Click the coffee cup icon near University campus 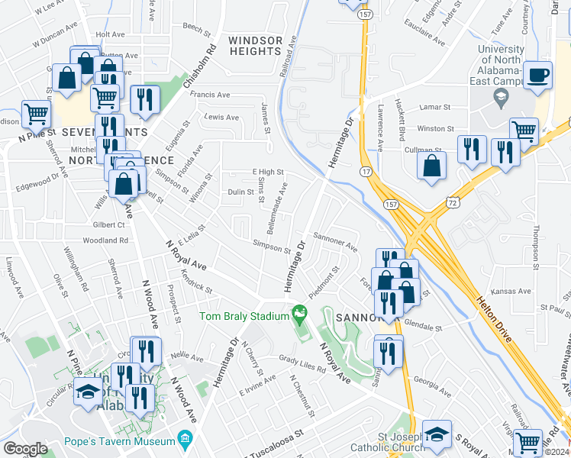(537, 75)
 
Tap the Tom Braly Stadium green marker (300, 313)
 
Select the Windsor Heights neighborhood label (255, 46)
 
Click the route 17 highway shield (366, 173)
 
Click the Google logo (25, 449)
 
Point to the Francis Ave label (210, 95)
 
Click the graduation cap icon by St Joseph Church (437, 434)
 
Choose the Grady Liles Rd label (302, 364)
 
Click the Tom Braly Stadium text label (242, 316)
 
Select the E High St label (268, 173)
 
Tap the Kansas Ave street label (511, 292)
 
